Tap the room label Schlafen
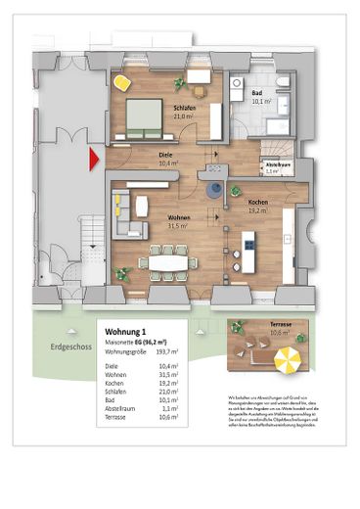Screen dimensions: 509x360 tap(186, 109)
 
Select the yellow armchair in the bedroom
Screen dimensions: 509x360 tap(121, 82)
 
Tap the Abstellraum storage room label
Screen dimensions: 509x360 tap(278, 165)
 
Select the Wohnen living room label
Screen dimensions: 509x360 tap(178, 218)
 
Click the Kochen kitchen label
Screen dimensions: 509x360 tap(257, 201)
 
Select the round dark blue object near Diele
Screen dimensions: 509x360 tap(213, 189)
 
